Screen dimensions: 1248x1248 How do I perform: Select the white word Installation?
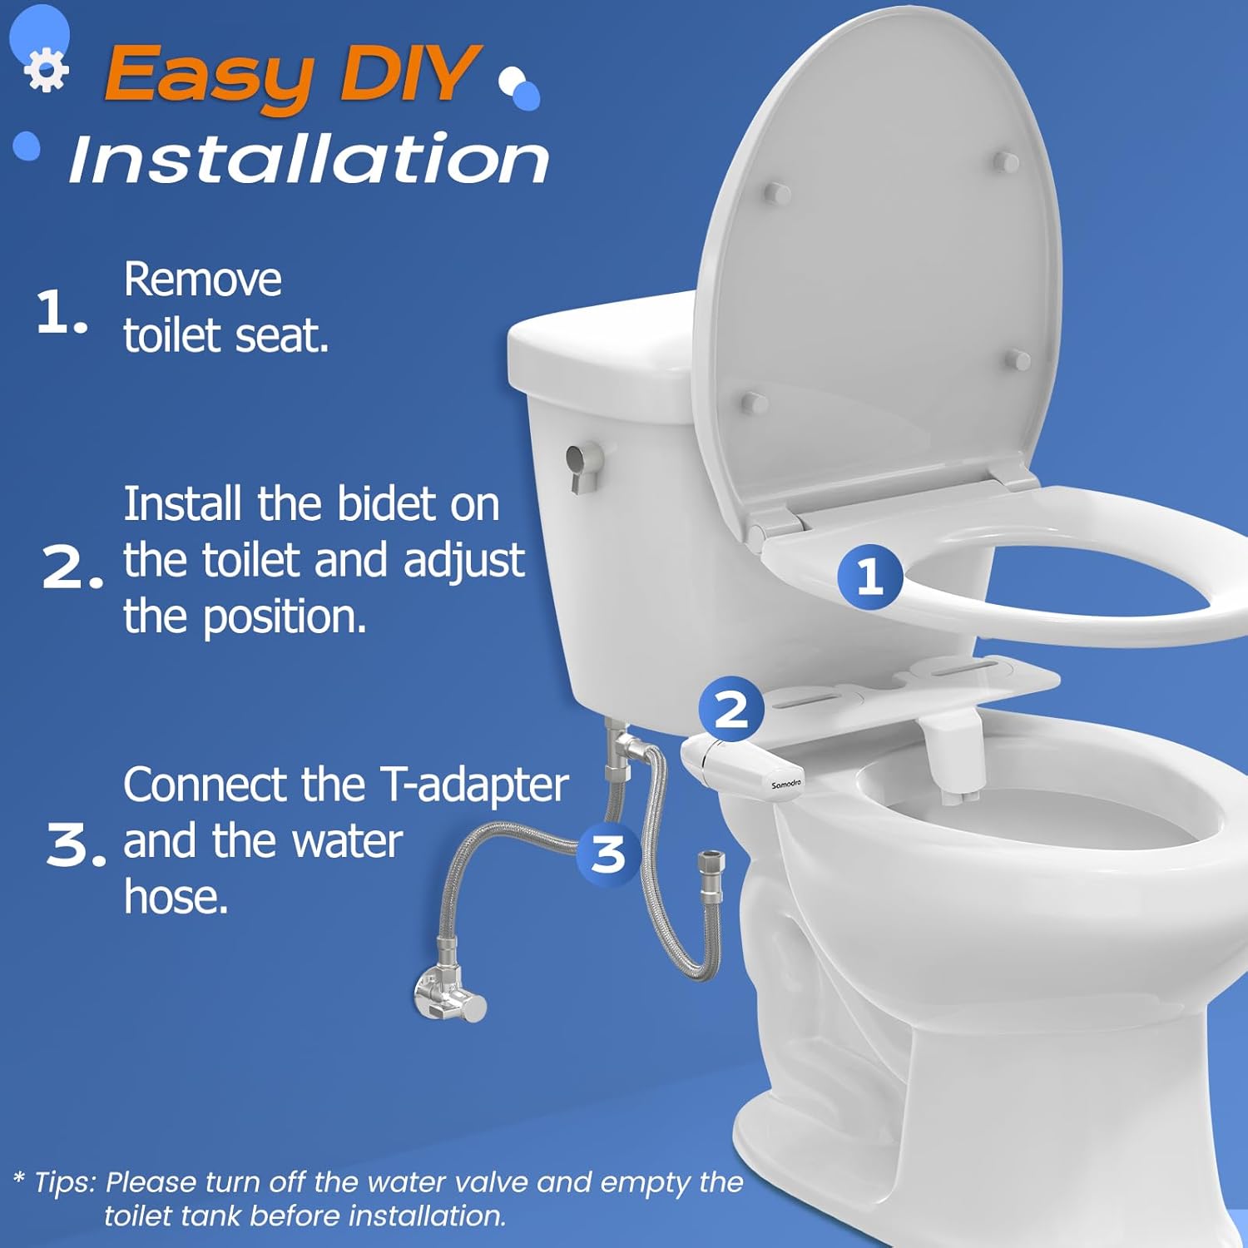point(309,159)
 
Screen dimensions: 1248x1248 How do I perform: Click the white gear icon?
point(46,70)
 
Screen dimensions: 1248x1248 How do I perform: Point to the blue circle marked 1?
point(869,576)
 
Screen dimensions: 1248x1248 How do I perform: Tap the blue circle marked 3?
point(608,854)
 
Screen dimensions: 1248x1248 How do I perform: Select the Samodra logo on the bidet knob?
point(786,784)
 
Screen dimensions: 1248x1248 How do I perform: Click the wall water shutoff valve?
point(449,994)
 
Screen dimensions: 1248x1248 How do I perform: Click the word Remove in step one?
point(202,280)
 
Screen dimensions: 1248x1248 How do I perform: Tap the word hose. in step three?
point(176,897)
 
